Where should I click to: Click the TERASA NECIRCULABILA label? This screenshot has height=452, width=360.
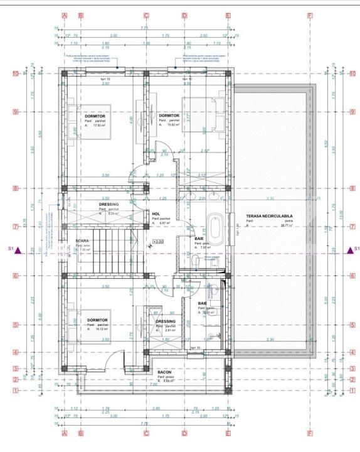pos(270,217)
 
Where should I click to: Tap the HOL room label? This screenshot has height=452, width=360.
pos(156,213)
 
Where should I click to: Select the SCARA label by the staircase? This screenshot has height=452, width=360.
pos(82,240)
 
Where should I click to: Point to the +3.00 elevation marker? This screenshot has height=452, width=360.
pos(158,241)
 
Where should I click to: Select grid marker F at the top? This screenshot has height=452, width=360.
pos(309,15)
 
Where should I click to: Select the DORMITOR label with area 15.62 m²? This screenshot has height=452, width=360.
pos(169,116)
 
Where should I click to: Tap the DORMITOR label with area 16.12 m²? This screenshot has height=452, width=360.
pos(98,320)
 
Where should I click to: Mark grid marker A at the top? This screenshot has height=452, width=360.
pos(64,15)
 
